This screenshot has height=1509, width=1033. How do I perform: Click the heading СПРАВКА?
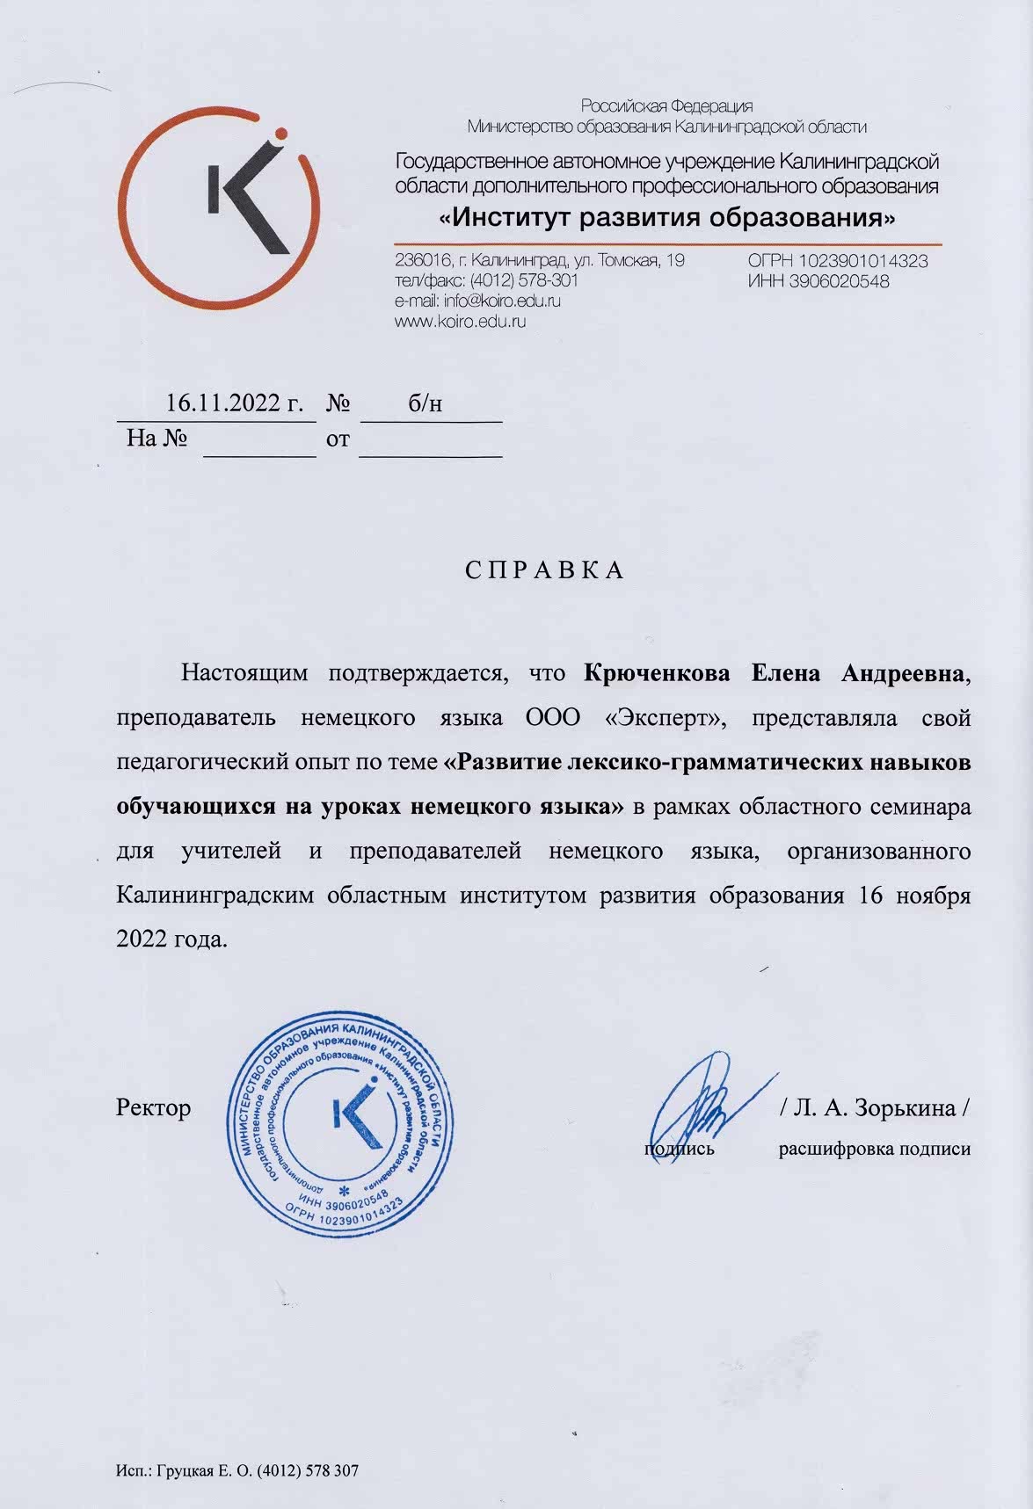pos(544,570)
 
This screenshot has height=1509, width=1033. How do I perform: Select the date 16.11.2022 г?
pos(235,403)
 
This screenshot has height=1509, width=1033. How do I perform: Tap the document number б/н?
pos(425,403)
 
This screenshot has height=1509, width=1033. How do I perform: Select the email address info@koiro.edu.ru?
pos(502,301)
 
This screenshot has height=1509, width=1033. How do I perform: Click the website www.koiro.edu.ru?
pos(462,322)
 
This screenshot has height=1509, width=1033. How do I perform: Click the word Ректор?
pos(153,1108)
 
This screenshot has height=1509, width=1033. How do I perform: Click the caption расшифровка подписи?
pos(875,1149)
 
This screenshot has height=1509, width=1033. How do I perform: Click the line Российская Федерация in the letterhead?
pos(667,107)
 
